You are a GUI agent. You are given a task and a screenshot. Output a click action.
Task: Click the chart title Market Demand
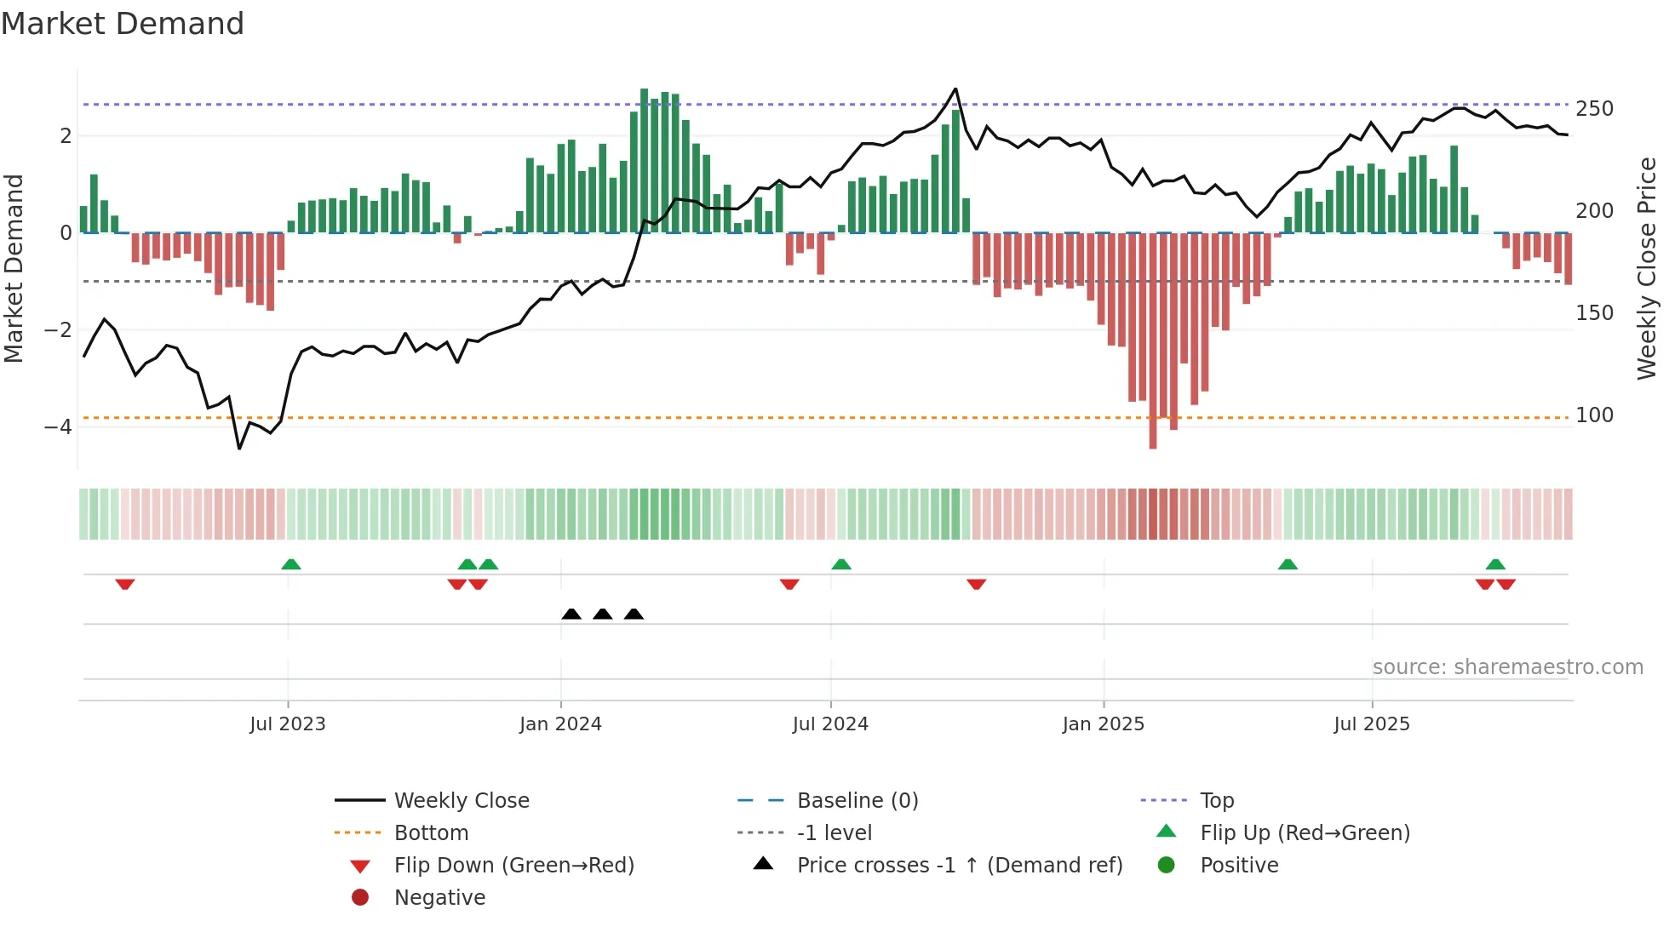123,24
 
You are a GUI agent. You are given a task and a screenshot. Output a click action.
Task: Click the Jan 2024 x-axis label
560,724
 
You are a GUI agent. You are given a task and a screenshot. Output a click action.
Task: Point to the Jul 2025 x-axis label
1372,724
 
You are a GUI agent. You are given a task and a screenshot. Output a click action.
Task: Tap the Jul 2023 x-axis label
288,724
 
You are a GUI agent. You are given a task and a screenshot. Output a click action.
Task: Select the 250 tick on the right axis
1594,109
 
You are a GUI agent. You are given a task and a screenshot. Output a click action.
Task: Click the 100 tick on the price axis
1594,415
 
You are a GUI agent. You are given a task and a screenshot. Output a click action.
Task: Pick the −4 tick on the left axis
58,427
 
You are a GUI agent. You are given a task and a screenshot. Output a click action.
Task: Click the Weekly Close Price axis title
1647,268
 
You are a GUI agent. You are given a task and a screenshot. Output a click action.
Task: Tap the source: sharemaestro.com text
1507,667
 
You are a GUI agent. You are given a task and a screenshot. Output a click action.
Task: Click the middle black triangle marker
603,615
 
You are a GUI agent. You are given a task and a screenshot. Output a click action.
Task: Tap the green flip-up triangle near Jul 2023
291,564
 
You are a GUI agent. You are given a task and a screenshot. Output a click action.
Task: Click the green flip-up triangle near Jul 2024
841,564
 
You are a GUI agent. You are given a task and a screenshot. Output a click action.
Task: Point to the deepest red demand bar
1153,340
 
